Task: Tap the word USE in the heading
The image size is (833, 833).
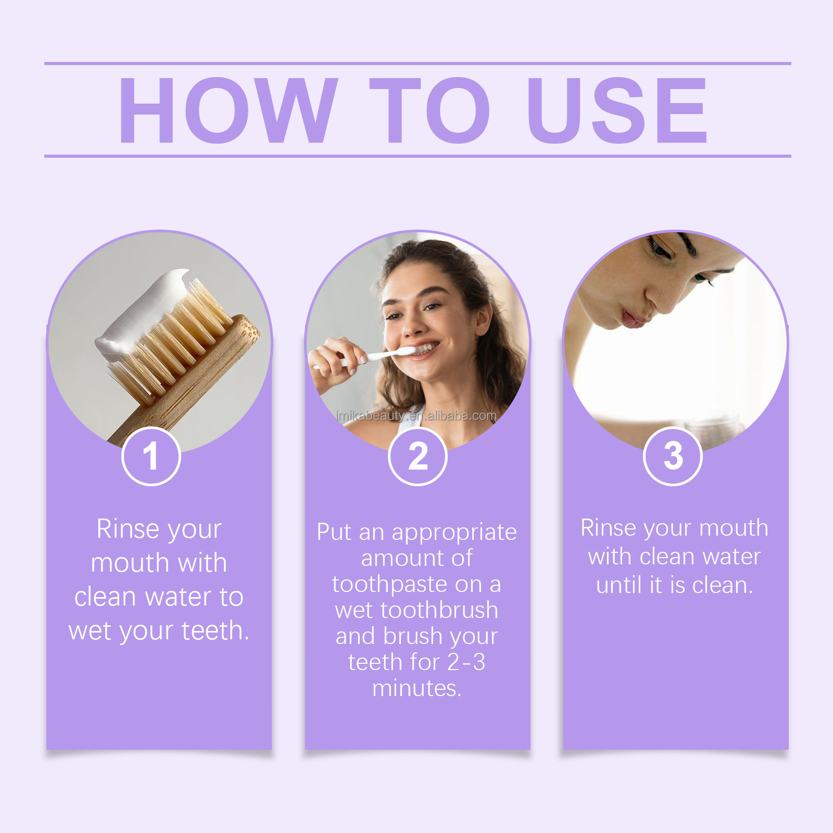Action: point(616,110)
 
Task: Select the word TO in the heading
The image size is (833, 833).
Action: point(430,110)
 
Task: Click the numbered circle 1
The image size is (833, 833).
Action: point(151,456)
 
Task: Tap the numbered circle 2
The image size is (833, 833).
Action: point(418,456)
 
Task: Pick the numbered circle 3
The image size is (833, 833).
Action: point(673,456)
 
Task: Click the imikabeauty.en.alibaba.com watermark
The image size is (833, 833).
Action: point(416,416)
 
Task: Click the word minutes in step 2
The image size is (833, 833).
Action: point(416,688)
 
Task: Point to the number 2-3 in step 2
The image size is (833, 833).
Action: point(466,662)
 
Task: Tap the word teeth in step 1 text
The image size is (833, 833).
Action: point(215,630)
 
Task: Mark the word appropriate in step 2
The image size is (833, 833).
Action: point(454,533)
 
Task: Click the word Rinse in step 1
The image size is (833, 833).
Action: point(128,529)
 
